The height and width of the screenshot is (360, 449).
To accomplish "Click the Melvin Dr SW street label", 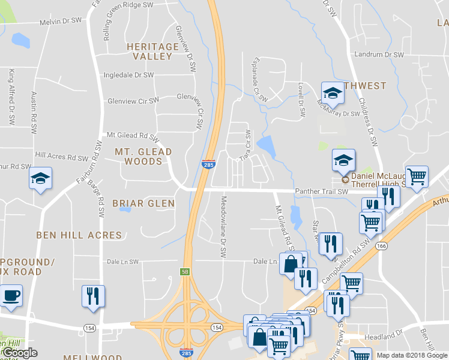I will (x=60, y=21).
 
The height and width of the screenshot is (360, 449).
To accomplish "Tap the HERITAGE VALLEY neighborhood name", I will (x=152, y=51).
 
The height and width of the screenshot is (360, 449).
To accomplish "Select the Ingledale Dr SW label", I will (x=128, y=75).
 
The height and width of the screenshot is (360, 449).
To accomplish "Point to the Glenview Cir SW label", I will (x=133, y=101).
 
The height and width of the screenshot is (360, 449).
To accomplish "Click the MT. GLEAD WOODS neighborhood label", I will (x=143, y=157).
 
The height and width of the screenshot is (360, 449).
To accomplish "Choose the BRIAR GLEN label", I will (x=143, y=203).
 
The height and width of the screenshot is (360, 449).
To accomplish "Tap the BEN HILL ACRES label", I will (x=79, y=235).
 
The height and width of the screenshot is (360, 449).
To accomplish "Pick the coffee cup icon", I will (x=11, y=295).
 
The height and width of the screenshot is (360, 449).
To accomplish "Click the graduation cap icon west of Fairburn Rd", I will (x=40, y=179).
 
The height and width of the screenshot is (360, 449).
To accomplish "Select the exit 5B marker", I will (x=184, y=271).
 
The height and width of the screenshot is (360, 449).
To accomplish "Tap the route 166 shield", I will (x=381, y=245).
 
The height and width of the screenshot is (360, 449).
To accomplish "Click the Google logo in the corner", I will (x=19, y=353).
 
